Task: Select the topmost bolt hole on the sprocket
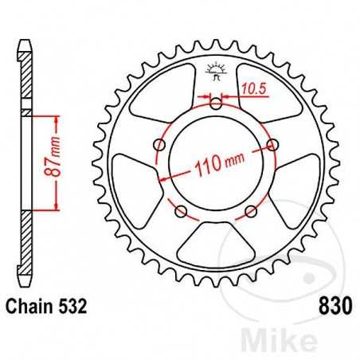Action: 217,102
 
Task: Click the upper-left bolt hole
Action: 160,144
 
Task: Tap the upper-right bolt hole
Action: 273,144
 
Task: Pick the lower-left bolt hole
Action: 182,210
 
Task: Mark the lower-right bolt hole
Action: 252,210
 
